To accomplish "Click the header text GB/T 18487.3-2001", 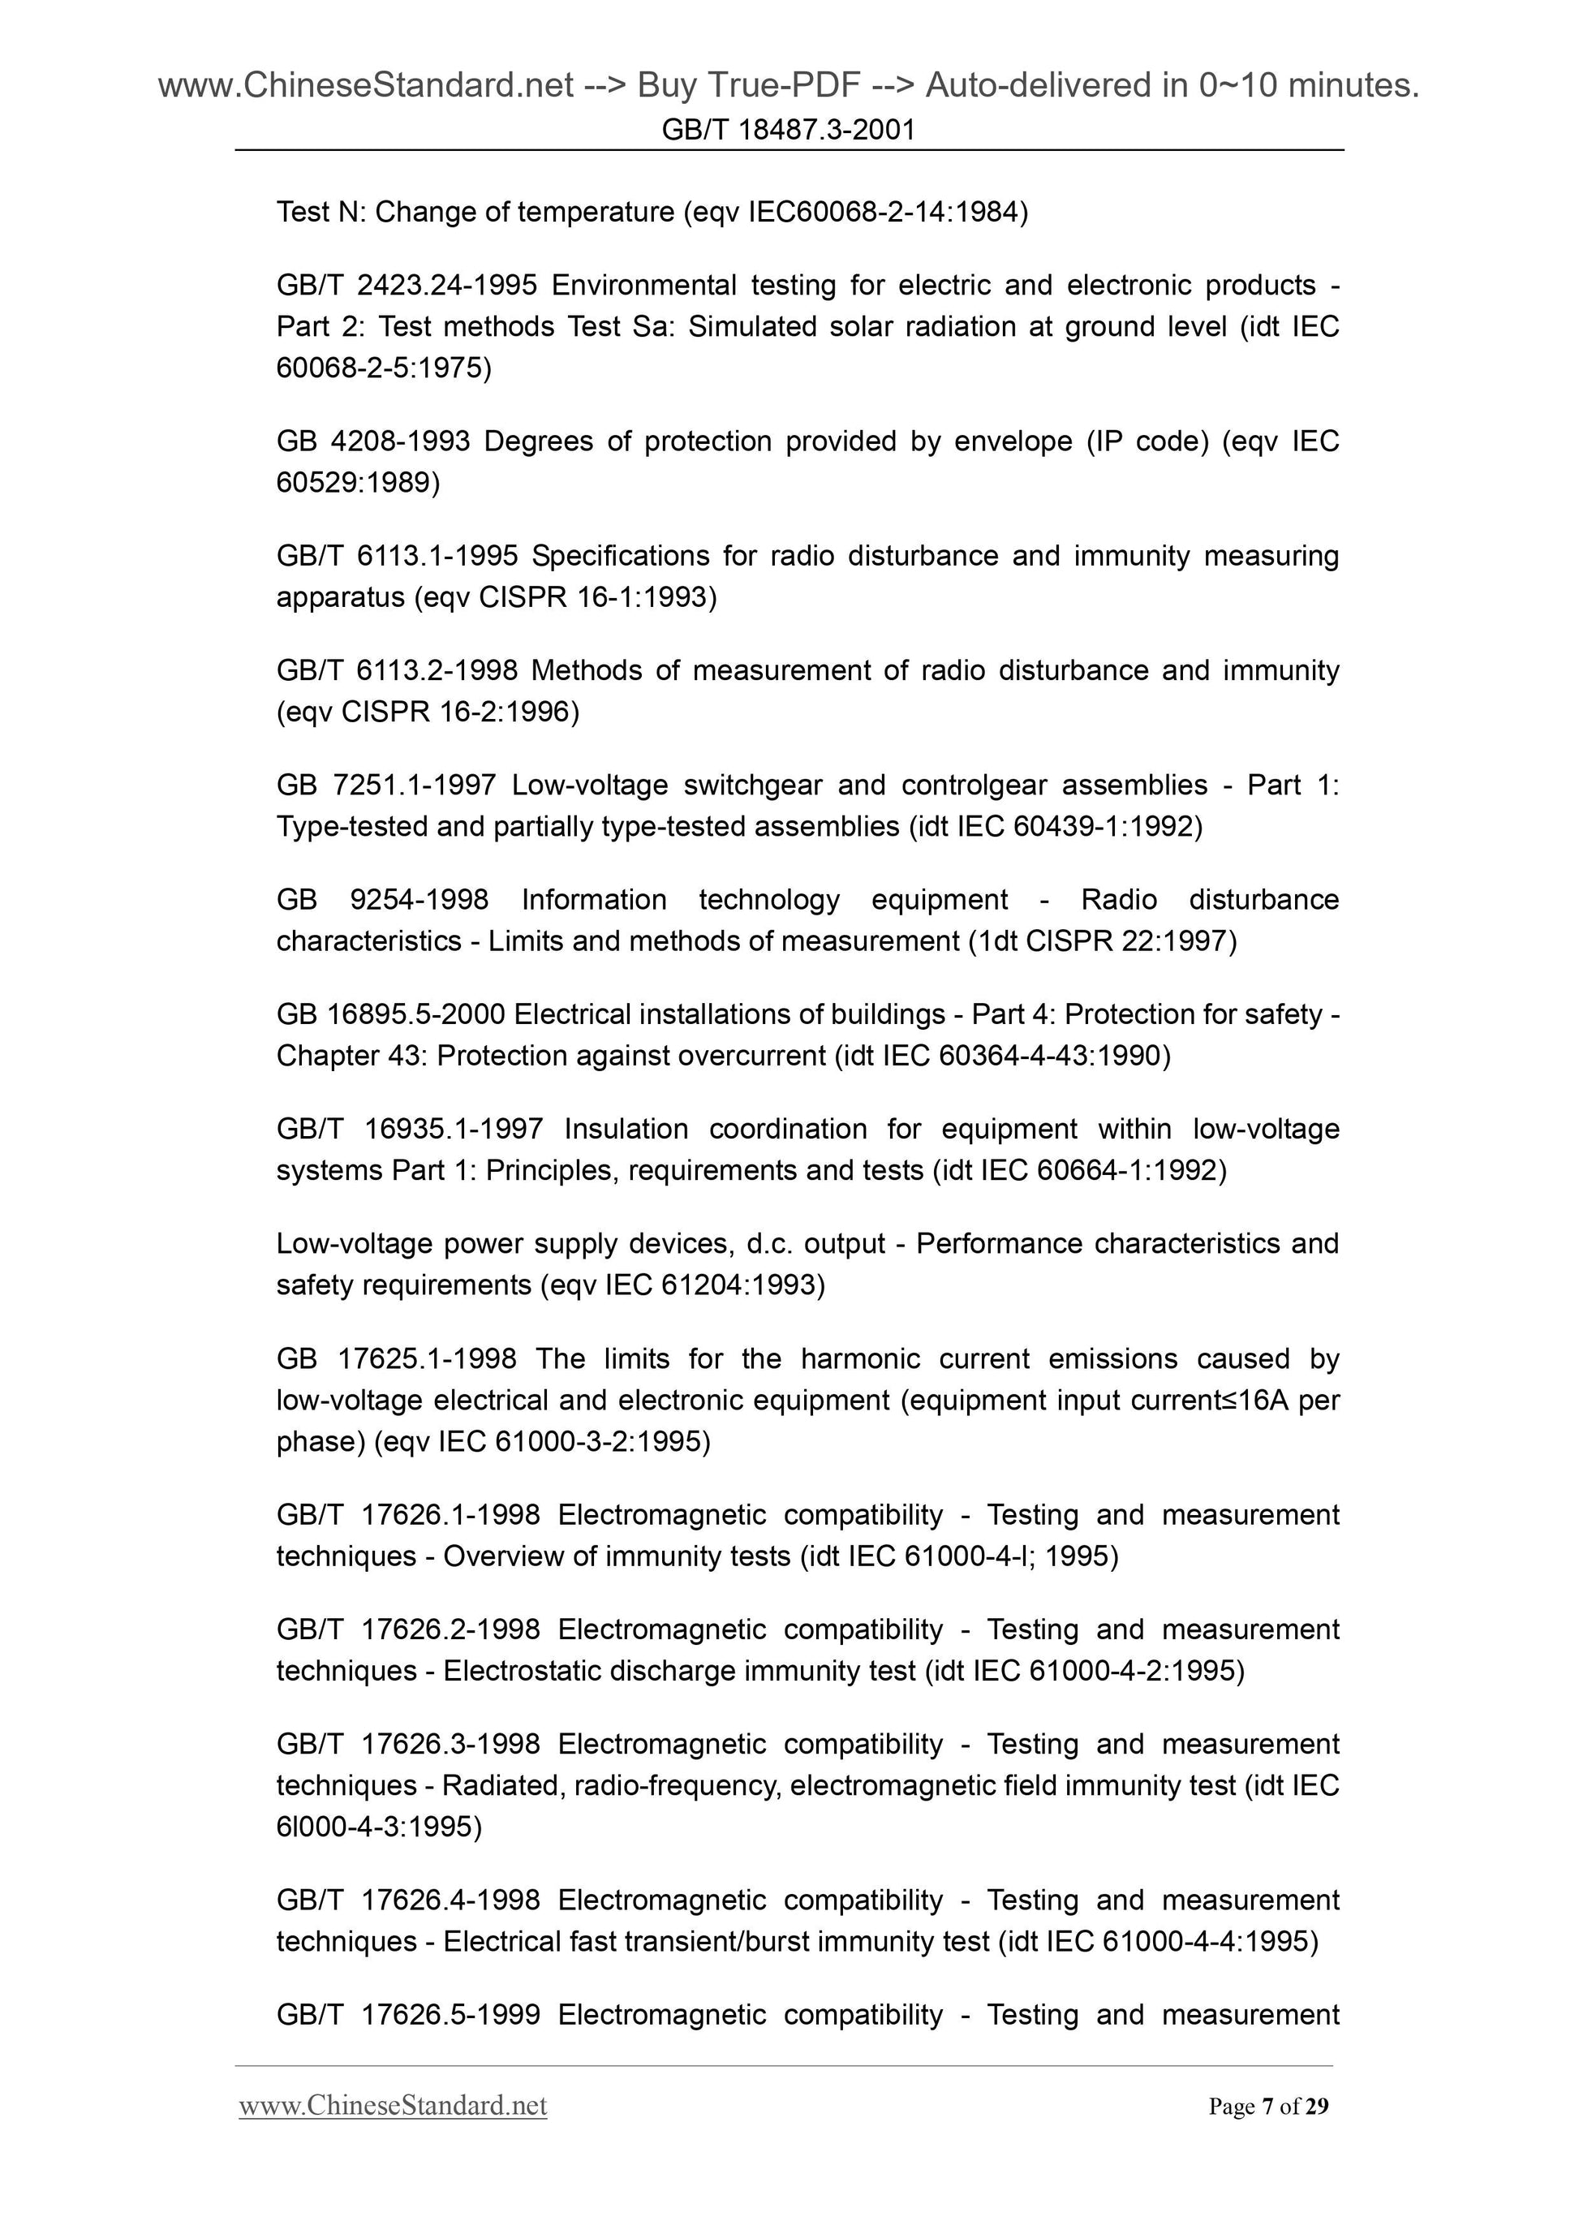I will [788, 131].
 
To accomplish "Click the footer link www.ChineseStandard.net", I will [393, 2106].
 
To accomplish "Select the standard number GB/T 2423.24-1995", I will [407, 285].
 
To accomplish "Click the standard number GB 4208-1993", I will [373, 441].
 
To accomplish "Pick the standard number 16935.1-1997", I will [454, 1129].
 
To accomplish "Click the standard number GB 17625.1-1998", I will [396, 1358].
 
